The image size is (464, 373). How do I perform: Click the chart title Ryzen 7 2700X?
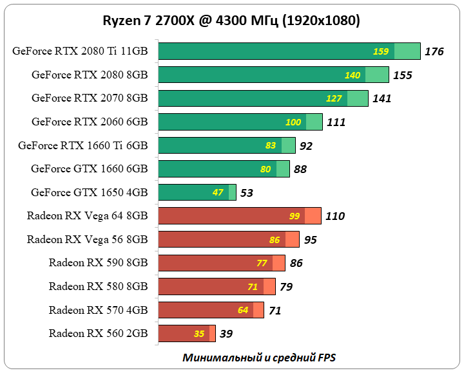tap(231, 21)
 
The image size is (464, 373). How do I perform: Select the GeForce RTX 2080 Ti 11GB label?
tap(79, 51)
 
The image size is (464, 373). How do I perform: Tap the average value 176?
tap(434, 51)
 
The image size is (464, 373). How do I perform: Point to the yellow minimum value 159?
tap(381, 51)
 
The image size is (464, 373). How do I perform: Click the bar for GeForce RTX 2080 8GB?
tap(273, 75)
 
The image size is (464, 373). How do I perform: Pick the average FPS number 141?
tap(382, 98)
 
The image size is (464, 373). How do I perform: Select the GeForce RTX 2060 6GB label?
tap(90, 122)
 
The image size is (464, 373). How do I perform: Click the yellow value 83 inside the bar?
tap(271, 145)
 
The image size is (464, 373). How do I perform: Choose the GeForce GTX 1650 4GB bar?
tap(197, 192)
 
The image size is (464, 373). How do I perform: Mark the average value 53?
tap(247, 192)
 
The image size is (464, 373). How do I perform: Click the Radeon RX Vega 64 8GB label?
tap(87, 215)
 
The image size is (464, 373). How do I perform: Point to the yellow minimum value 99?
tap(295, 216)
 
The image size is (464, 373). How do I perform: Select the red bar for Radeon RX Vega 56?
tap(228, 239)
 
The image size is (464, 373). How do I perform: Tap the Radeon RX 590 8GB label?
tap(98, 262)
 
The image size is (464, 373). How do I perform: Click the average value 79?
tap(286, 286)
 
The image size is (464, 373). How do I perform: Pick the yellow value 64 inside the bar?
tap(243, 310)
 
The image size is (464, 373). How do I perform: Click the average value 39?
tap(226, 333)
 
